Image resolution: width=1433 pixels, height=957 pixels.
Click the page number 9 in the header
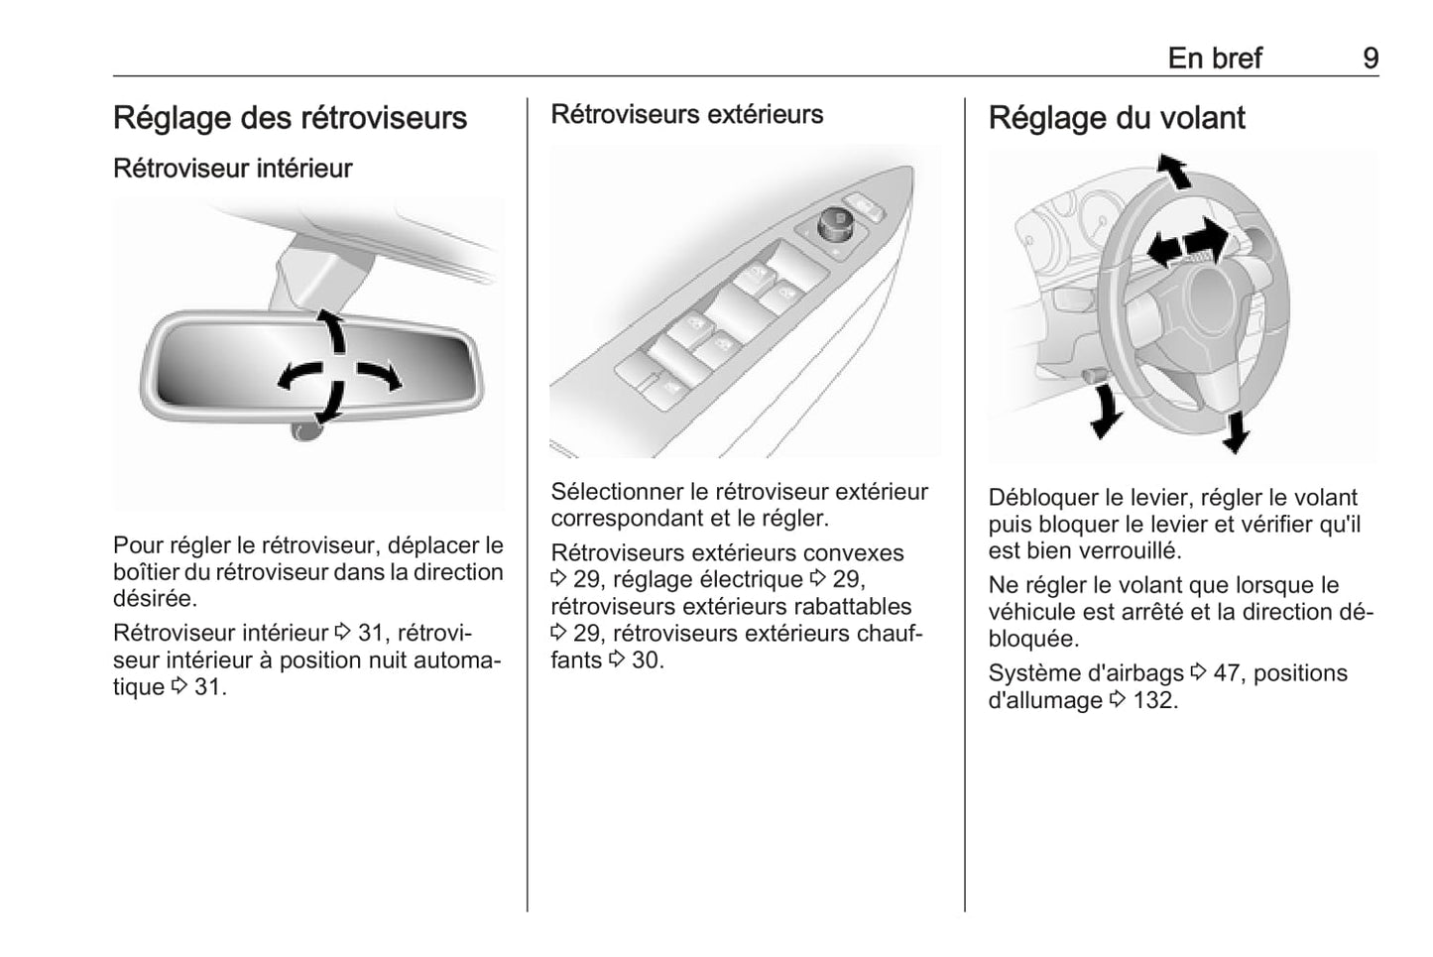pyautogui.click(x=1371, y=59)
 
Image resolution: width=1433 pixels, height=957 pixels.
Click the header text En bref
pyautogui.click(x=1215, y=59)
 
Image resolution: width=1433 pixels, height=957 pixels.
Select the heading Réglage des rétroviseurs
pyautogui.click(x=290, y=118)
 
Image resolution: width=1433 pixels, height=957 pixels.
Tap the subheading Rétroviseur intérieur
pyautogui.click(x=233, y=169)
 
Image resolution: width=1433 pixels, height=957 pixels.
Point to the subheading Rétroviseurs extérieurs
pyautogui.click(x=687, y=114)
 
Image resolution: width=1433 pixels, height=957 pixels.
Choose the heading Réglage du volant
pyautogui.click(x=1117, y=118)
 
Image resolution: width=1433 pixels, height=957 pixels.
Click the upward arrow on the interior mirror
pyautogui.click(x=333, y=330)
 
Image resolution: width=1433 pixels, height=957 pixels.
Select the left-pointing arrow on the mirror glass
pyautogui.click(x=299, y=375)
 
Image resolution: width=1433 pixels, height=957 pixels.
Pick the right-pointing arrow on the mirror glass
pyautogui.click(x=380, y=376)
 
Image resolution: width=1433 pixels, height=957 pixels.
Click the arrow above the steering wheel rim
pyautogui.click(x=1174, y=171)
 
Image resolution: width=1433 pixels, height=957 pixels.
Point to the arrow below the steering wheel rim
pyautogui.click(x=1236, y=432)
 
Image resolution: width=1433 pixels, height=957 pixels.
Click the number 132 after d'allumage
pyautogui.click(x=1154, y=700)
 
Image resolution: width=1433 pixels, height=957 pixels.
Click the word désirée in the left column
pyautogui.click(x=153, y=599)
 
